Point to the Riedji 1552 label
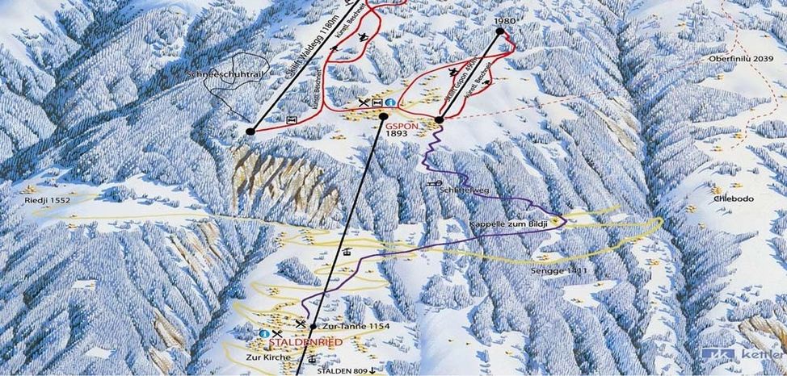[x=47, y=199]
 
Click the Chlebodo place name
[x=727, y=198]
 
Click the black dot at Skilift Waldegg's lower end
[x=250, y=130]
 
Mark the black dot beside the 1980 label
[x=500, y=31]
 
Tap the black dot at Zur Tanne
[x=313, y=327]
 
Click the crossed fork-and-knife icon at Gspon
[x=364, y=102]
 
